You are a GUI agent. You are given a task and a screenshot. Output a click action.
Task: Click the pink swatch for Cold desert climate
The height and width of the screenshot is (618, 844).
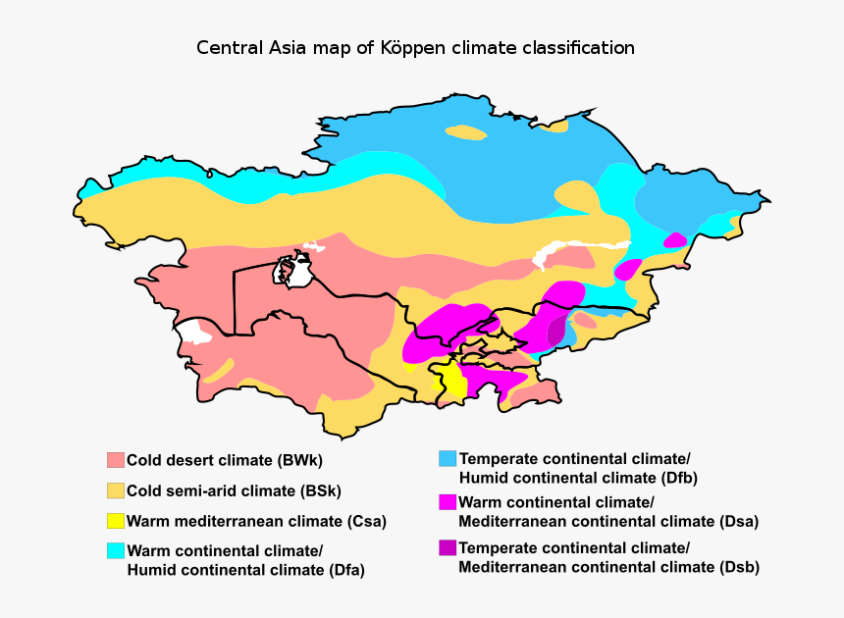click(x=116, y=460)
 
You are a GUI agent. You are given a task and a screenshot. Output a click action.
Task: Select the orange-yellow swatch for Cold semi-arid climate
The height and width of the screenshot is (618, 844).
click(x=116, y=490)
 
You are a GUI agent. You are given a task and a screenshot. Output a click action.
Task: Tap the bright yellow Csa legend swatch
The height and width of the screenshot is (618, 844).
click(x=116, y=521)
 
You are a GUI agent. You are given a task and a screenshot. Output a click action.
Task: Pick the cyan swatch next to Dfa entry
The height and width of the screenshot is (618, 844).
click(x=116, y=550)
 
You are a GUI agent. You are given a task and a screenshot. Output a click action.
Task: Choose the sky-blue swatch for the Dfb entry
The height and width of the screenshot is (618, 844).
click(x=448, y=458)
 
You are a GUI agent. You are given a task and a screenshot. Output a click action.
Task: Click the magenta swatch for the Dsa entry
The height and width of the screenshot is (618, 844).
click(x=448, y=501)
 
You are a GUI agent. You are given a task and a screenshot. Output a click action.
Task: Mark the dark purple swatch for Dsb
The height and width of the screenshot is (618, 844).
click(x=448, y=546)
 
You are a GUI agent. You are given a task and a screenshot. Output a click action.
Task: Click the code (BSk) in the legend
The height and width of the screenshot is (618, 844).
click(x=319, y=490)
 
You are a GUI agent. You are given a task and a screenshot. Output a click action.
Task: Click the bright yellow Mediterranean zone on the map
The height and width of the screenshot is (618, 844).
click(x=452, y=383)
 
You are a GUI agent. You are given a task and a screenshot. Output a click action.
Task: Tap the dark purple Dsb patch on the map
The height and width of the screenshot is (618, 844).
click(x=556, y=331)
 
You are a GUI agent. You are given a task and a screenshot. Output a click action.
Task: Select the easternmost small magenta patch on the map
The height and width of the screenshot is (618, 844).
click(x=674, y=240)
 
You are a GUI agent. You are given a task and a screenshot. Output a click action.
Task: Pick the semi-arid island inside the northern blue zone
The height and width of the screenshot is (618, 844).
click(x=465, y=131)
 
